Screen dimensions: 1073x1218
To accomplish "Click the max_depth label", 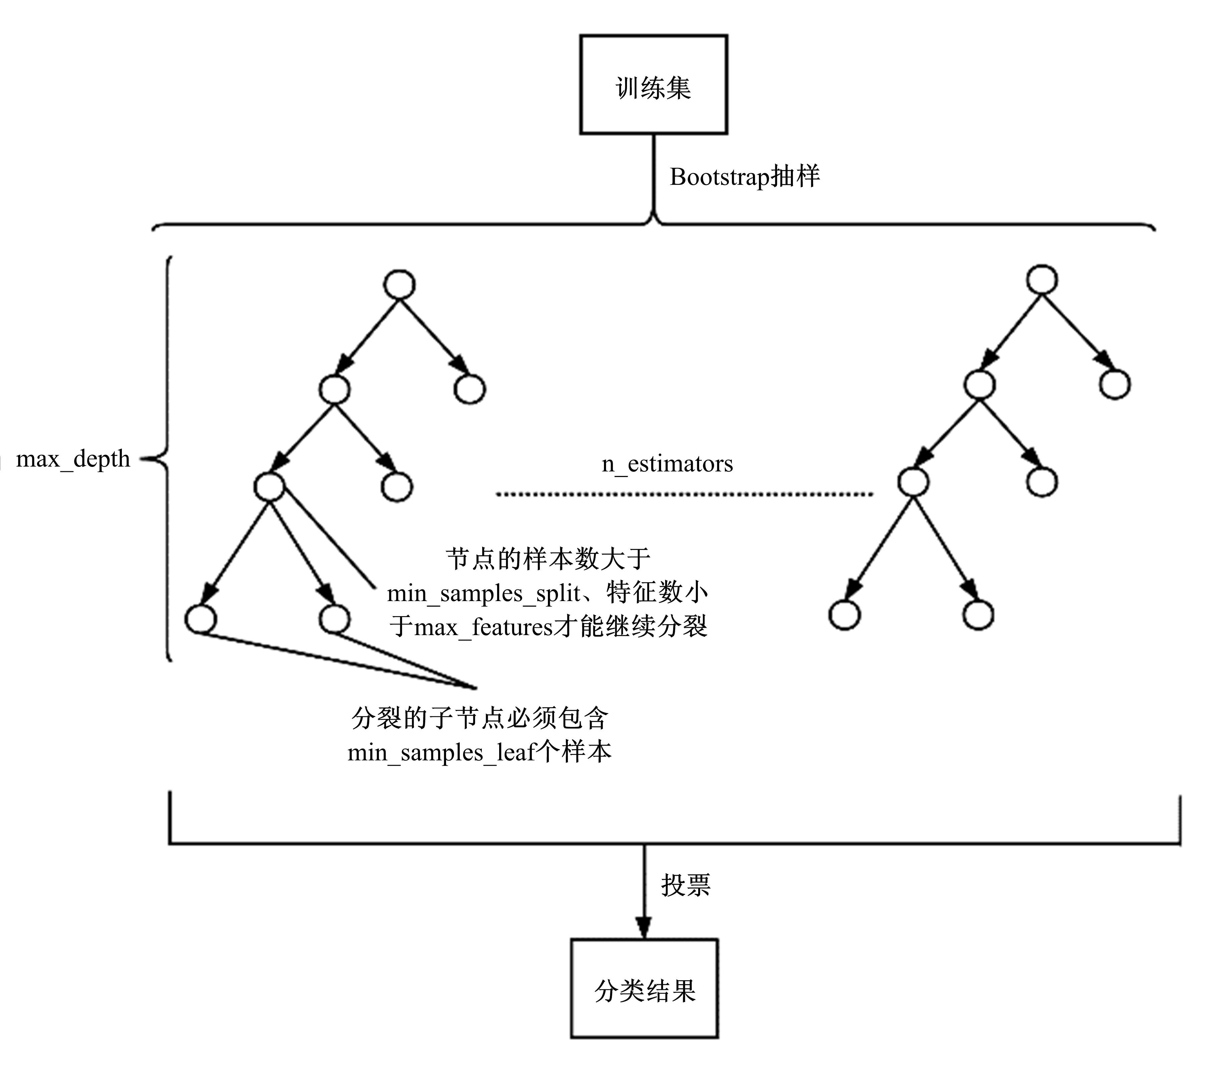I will pos(73,459).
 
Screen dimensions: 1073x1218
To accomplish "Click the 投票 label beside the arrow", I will pos(685,885).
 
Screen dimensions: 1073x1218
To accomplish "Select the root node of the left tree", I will pos(399,284).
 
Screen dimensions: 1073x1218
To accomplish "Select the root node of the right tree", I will pos(1042,279).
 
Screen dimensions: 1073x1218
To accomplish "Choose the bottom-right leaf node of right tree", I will pos(978,615).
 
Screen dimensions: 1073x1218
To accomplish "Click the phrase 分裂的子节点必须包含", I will pos(480,718).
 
